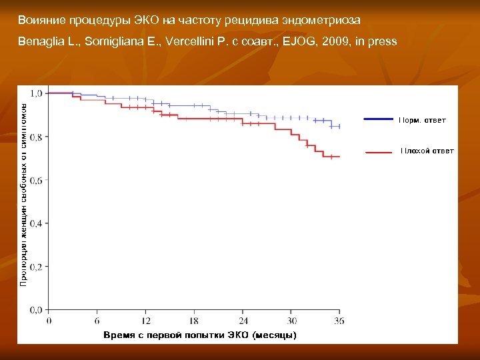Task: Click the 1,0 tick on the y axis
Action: click(x=35, y=93)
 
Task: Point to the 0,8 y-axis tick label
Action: click(x=35, y=137)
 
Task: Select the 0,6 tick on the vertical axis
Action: click(x=35, y=180)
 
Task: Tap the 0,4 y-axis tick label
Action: click(x=35, y=223)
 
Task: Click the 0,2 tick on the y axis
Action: click(x=35, y=267)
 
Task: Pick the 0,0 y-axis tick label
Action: click(x=35, y=310)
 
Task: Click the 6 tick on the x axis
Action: click(x=97, y=321)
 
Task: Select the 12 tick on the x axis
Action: click(x=146, y=321)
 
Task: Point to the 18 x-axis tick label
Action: click(x=195, y=321)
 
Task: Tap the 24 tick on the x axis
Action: click(x=243, y=321)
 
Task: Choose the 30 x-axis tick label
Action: click(x=292, y=321)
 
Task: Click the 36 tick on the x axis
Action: click(x=339, y=321)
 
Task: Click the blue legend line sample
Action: click(x=378, y=119)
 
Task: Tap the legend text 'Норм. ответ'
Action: click(x=423, y=120)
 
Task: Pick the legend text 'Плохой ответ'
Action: click(x=427, y=151)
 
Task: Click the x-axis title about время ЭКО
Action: click(x=200, y=335)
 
